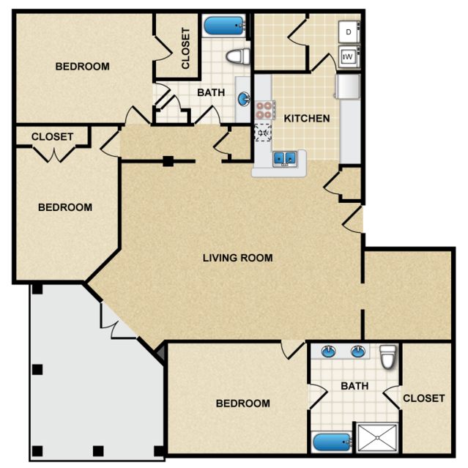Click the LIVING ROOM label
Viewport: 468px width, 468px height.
(x=237, y=258)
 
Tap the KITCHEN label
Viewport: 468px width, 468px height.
(x=307, y=119)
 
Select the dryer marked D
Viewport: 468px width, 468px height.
(x=349, y=32)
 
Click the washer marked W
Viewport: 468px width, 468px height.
(x=349, y=56)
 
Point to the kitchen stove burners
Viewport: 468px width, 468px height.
(x=264, y=110)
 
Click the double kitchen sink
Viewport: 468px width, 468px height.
(x=285, y=158)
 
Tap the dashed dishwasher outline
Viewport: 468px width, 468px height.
(x=263, y=133)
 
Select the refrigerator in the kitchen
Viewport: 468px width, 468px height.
(x=347, y=86)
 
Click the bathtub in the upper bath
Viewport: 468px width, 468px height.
(x=224, y=26)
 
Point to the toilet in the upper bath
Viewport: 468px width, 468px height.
(x=238, y=56)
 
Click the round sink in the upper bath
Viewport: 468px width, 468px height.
(x=244, y=99)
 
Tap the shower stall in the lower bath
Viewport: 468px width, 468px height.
(x=377, y=437)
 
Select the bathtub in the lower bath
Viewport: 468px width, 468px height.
(x=331, y=442)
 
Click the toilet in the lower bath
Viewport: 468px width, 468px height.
(x=388, y=357)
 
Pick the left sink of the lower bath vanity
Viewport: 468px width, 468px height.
(x=329, y=352)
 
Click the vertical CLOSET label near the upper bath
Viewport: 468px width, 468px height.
(x=185, y=48)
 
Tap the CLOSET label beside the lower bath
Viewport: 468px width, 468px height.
(x=424, y=398)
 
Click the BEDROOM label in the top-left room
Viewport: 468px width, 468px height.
(x=82, y=66)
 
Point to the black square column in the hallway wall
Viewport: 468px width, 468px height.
(x=168, y=161)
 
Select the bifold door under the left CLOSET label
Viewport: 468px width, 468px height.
(x=54, y=155)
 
